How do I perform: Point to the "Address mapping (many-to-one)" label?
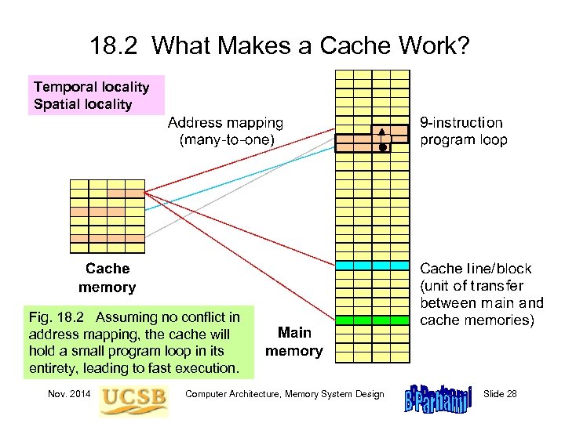click(225, 132)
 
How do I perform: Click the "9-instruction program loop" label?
click(463, 132)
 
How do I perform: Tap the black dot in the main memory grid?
click(382, 146)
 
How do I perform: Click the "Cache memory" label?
click(107, 278)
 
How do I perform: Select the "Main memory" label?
click(293, 342)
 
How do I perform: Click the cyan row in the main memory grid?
click(373, 266)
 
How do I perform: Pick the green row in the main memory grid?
click(373, 320)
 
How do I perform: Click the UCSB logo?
click(133, 395)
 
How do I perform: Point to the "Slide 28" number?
click(500, 393)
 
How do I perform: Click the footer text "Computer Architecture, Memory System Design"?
click(284, 393)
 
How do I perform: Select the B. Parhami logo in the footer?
click(439, 394)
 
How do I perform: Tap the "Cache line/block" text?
click(476, 268)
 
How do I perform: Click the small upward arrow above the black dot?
click(382, 134)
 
